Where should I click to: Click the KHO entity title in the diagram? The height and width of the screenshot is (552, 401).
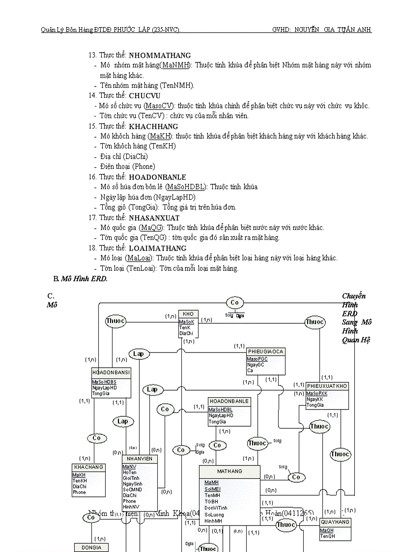pyautogui.click(x=188, y=314)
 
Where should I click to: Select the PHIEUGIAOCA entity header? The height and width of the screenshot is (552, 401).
pyautogui.click(x=265, y=352)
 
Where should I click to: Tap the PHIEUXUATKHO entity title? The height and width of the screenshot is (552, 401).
pyautogui.click(x=327, y=386)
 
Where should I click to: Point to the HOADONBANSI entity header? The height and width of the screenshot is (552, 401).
pyautogui.click(x=111, y=373)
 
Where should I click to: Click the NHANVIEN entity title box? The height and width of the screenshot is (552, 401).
pyautogui.click(x=140, y=459)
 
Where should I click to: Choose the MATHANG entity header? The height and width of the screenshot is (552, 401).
pyautogui.click(x=229, y=471)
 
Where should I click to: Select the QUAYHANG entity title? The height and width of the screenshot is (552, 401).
pyautogui.click(x=335, y=522)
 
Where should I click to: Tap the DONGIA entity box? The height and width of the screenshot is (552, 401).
pyautogui.click(x=91, y=547)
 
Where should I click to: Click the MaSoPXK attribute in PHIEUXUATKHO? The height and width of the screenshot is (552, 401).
pyautogui.click(x=317, y=394)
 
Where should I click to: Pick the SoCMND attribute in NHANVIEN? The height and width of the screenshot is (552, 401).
pyautogui.click(x=132, y=490)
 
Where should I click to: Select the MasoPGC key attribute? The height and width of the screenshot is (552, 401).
pyautogui.click(x=257, y=359)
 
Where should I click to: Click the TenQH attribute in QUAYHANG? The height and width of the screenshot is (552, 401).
pyautogui.click(x=327, y=536)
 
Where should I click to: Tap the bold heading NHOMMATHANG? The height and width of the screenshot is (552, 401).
pyautogui.click(x=160, y=56)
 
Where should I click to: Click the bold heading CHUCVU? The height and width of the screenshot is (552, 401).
pyautogui.click(x=144, y=95)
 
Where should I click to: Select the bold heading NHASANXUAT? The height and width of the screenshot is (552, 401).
pyautogui.click(x=154, y=218)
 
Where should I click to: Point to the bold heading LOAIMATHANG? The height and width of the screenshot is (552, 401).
pyautogui.click(x=157, y=248)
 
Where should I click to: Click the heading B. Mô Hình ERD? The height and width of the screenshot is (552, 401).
pyautogui.click(x=80, y=279)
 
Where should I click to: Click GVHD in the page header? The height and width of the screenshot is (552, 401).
pyautogui.click(x=281, y=30)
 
